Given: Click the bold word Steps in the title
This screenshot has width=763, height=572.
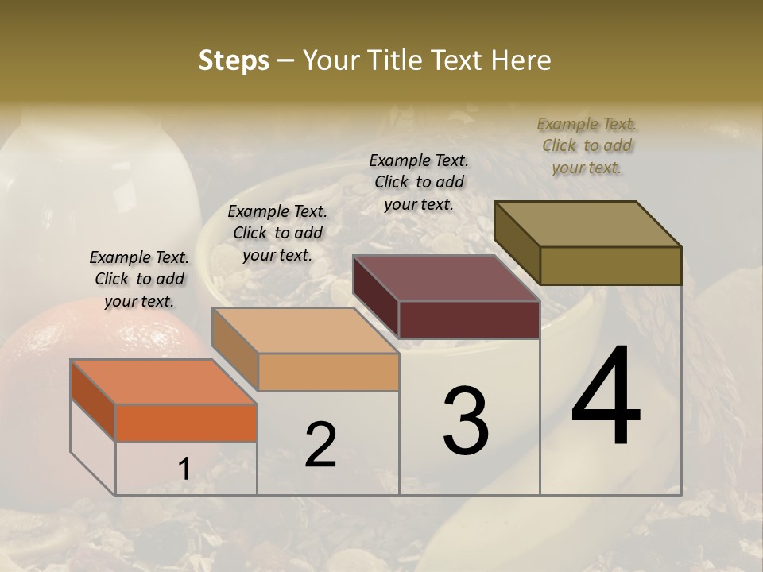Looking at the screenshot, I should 234,61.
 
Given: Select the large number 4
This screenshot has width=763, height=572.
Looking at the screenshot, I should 606,397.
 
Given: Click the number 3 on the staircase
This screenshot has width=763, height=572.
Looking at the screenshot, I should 466,420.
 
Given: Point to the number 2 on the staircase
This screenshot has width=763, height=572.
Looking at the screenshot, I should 320,445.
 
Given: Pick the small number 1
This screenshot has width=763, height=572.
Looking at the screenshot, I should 184,469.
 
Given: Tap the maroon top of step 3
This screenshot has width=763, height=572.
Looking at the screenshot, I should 445,278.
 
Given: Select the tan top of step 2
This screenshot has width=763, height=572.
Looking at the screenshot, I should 306,330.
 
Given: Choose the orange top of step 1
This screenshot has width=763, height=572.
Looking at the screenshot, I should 163,381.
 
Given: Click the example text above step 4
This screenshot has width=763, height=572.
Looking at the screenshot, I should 587,145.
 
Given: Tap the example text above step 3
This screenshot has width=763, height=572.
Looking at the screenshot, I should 419,182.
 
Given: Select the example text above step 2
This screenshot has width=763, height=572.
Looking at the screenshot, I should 277,233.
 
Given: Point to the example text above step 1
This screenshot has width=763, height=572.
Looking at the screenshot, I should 139,279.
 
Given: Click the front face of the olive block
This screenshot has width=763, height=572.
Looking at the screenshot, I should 610,265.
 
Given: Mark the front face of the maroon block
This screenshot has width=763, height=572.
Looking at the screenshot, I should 469,319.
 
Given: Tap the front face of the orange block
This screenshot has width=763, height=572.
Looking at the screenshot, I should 186,423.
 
